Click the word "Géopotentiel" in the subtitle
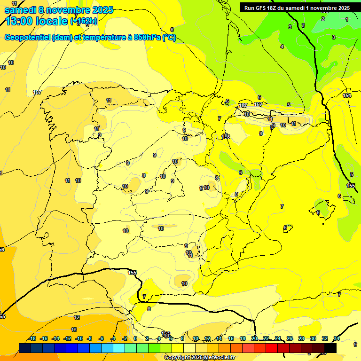click(26, 38)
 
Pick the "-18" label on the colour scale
click(32, 338)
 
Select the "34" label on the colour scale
click(337, 338)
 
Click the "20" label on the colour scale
click(254, 338)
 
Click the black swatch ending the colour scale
click(331, 348)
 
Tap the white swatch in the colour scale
click(189, 348)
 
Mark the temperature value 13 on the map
click(74, 330)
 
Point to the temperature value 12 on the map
click(77, 318)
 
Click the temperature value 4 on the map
click(282, 47)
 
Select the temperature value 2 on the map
click(323, 19)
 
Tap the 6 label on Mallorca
click(318, 212)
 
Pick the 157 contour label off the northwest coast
click(37, 92)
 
